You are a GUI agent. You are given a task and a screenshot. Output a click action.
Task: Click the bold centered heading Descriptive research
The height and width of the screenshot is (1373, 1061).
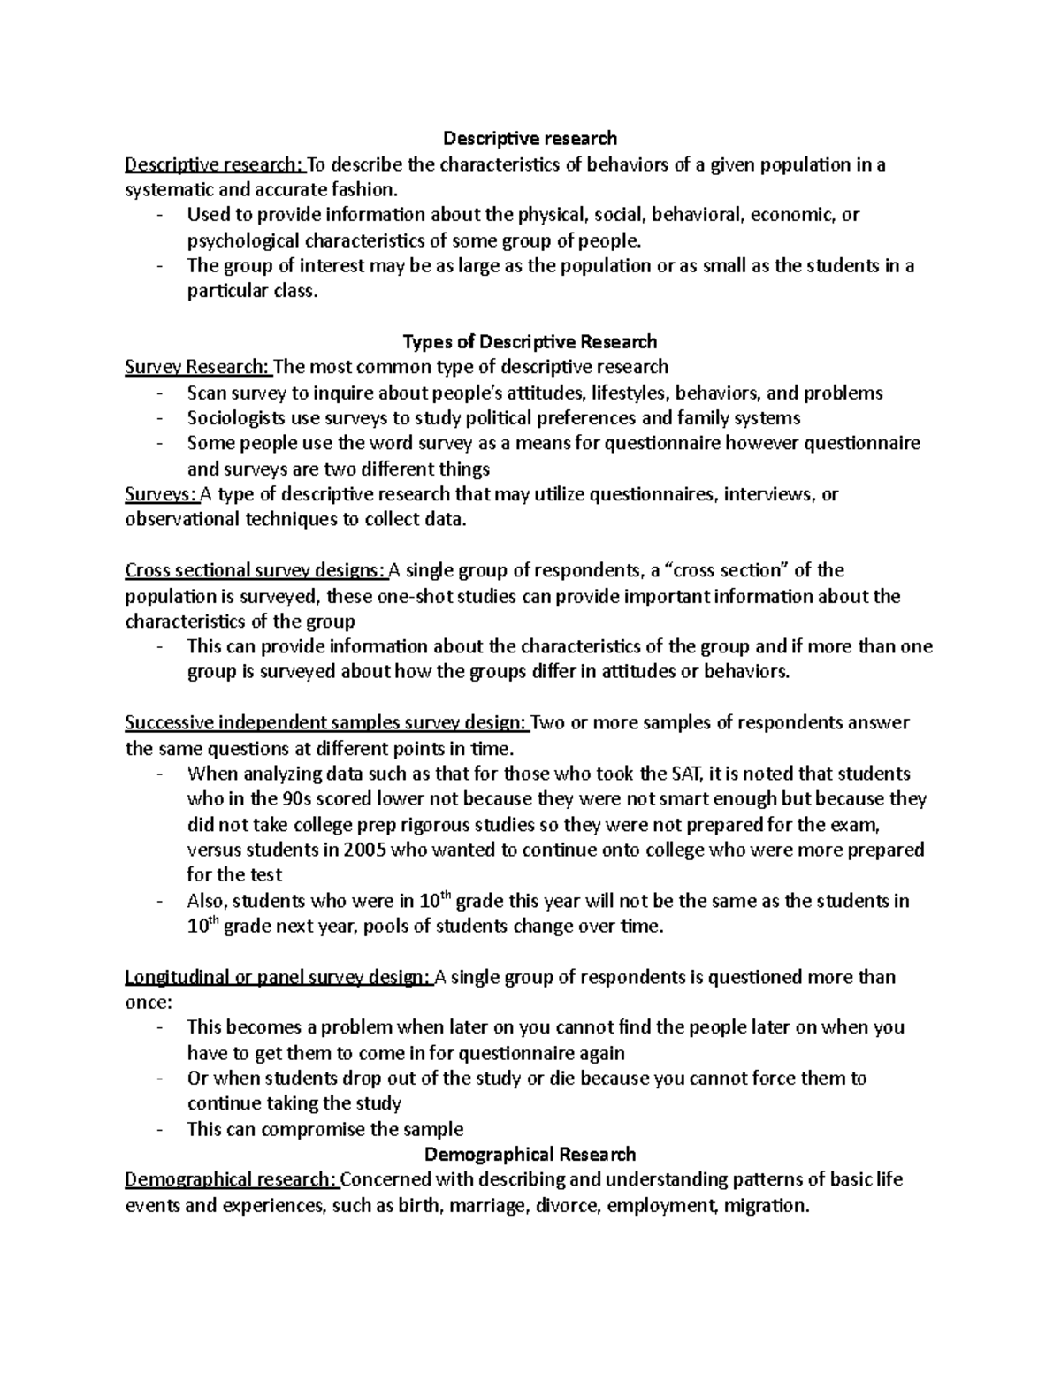pyautogui.click(x=530, y=138)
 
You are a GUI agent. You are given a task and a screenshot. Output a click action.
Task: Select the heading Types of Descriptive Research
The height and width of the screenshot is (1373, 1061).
pyautogui.click(x=530, y=341)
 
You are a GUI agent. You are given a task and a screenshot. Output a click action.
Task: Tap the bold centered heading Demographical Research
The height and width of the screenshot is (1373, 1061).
pyautogui.click(x=530, y=1154)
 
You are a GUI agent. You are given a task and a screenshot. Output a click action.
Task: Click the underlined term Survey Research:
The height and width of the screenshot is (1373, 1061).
pyautogui.click(x=199, y=367)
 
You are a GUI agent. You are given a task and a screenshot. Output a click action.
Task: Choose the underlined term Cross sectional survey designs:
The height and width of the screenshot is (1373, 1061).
pyautogui.click(x=256, y=570)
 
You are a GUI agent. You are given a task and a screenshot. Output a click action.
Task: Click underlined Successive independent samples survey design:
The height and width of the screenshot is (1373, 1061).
pyautogui.click(x=326, y=723)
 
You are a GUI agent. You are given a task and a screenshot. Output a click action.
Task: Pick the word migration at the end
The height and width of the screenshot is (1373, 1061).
pyautogui.click(x=764, y=1205)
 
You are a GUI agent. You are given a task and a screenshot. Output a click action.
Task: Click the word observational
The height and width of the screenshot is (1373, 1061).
pyautogui.click(x=182, y=520)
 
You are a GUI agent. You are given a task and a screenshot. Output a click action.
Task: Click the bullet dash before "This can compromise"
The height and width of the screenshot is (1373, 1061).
pyautogui.click(x=158, y=1129)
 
